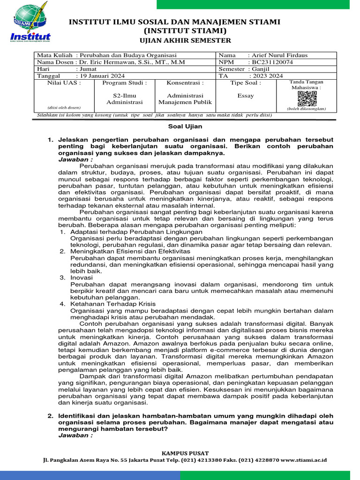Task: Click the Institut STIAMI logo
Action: click(30, 23)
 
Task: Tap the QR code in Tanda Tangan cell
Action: click(307, 98)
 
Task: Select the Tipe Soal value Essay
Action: click(246, 96)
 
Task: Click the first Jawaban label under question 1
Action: click(75, 159)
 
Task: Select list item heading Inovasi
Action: click(82, 277)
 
